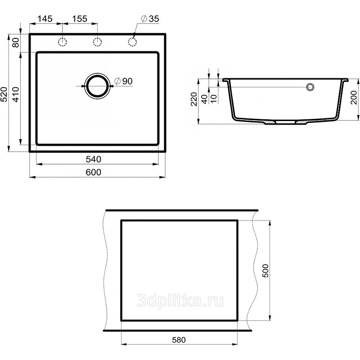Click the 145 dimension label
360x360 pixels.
click(45, 19)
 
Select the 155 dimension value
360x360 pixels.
click(80, 19)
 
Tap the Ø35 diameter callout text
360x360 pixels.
click(150, 19)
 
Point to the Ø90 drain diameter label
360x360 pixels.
click(123, 81)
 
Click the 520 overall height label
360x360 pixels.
click(4, 94)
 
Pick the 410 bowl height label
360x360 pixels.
click(16, 94)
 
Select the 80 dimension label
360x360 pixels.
click(16, 42)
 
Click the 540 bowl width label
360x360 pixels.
click(94, 159)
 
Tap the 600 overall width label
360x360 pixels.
click(94, 172)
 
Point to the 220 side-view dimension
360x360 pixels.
click(194, 99)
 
